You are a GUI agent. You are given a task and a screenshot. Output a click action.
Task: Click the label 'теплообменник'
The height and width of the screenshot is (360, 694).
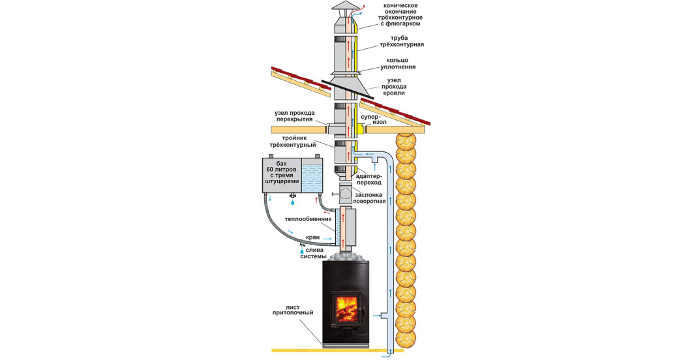point(308,218)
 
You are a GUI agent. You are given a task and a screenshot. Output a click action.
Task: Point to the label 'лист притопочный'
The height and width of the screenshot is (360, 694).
point(293,310)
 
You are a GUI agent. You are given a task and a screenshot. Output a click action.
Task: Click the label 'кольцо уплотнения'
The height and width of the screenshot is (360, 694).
point(398,63)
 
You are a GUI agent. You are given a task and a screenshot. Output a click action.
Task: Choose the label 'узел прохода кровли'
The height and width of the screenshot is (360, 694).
point(394,87)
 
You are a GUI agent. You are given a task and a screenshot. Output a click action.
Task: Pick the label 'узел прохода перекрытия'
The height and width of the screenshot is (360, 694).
point(294,116)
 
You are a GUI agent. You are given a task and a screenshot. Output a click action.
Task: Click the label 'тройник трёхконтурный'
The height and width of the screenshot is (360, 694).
point(293,142)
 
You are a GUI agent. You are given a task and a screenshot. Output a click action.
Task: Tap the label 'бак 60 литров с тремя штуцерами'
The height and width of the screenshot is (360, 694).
point(282,173)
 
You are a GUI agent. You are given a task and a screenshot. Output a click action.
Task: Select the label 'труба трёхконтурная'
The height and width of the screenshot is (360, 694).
point(401,41)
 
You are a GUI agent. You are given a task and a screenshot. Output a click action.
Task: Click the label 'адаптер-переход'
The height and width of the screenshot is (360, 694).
point(368,179)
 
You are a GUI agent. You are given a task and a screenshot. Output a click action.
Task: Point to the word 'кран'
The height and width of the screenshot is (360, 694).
point(312,237)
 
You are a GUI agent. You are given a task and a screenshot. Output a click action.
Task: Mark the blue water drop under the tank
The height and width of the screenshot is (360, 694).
point(292,202)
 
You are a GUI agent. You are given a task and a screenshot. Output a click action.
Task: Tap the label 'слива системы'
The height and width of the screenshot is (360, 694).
point(313,253)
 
